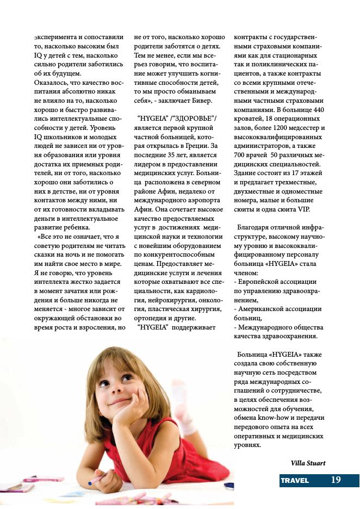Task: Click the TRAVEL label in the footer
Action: tap(295, 480)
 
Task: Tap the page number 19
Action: tap(336, 480)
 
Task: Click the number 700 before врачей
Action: tap(240, 154)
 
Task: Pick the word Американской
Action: tap(260, 309)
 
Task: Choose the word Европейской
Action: tap(260, 282)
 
